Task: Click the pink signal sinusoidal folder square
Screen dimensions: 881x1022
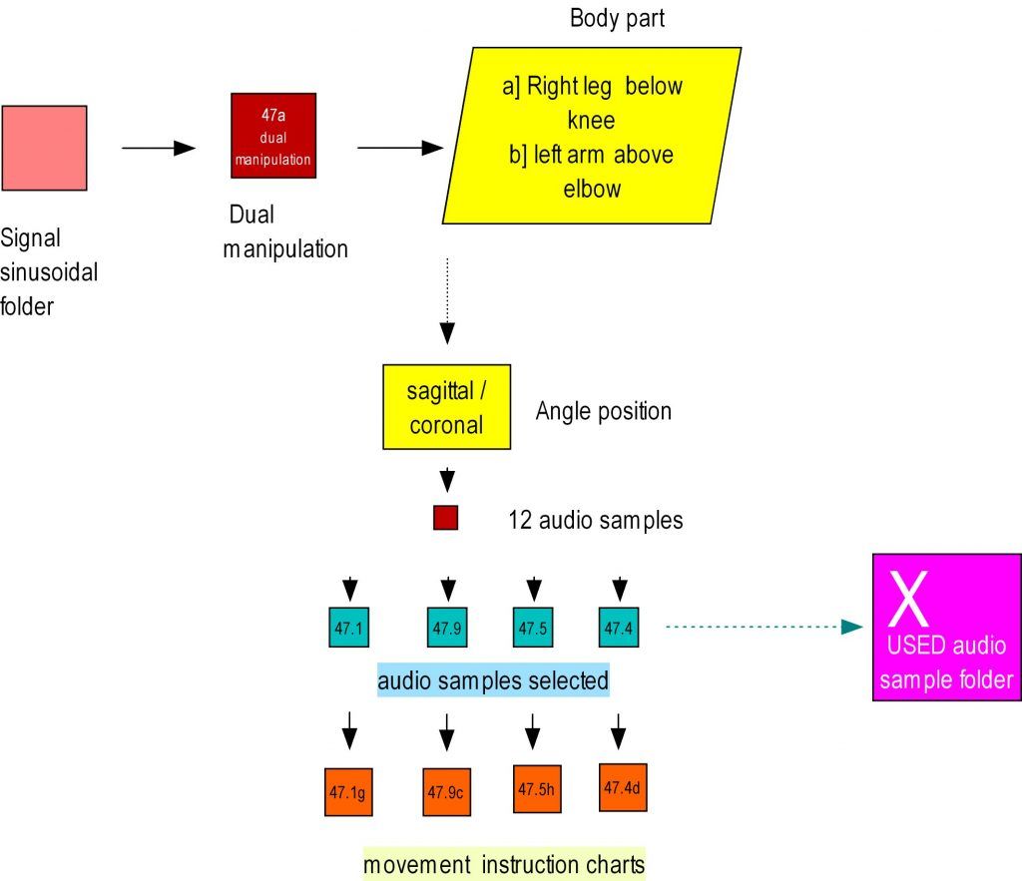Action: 44,148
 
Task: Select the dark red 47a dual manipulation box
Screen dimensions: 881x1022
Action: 273,136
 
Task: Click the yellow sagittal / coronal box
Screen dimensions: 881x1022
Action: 446,406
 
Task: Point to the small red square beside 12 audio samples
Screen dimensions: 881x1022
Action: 445,519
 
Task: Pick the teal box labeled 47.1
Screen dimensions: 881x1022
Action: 349,627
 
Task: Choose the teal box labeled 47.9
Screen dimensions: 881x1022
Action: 447,627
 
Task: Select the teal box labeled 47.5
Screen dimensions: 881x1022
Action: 533,627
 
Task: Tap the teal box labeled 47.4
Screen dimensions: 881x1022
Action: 619,627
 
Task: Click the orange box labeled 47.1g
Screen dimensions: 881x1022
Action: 348,792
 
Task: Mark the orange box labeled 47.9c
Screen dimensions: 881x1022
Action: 446,792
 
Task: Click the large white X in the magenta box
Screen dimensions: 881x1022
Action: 909,599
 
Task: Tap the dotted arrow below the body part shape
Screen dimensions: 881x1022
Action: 448,299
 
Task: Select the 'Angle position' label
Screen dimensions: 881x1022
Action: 603,411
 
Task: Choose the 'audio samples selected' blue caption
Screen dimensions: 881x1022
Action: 493,681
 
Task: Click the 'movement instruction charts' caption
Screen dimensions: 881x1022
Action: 504,864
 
